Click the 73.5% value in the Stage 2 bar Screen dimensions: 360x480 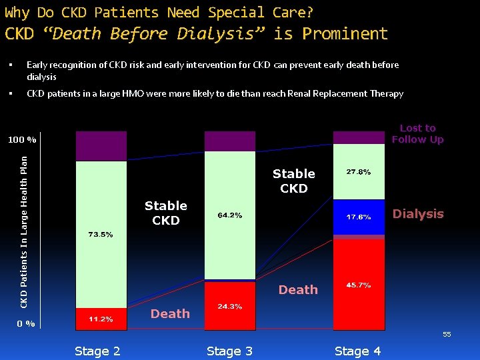pos(101,234)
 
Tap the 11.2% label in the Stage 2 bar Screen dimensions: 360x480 pos(101,319)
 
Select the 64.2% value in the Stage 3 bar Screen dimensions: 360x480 pos(229,215)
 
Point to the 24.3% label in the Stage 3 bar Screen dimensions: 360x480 pos(229,306)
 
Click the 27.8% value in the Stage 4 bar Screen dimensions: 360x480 pos(359,172)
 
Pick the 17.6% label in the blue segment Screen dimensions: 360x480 pos(359,217)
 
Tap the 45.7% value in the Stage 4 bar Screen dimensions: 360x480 pos(359,285)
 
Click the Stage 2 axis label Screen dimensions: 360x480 pos(97,351)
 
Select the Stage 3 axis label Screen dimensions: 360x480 pos(229,351)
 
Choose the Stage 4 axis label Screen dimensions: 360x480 pos(357,351)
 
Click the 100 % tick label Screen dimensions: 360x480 pos(22,140)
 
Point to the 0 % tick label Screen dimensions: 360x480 pos(26,323)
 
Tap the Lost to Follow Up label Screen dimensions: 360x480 pos(417,133)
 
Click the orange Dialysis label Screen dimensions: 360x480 pos(418,214)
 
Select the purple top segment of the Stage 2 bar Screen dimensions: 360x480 pos(101,146)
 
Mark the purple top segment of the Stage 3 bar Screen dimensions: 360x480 pos(229,141)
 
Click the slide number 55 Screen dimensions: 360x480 pos(447,334)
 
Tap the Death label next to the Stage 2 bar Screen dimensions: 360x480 pos(170,313)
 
